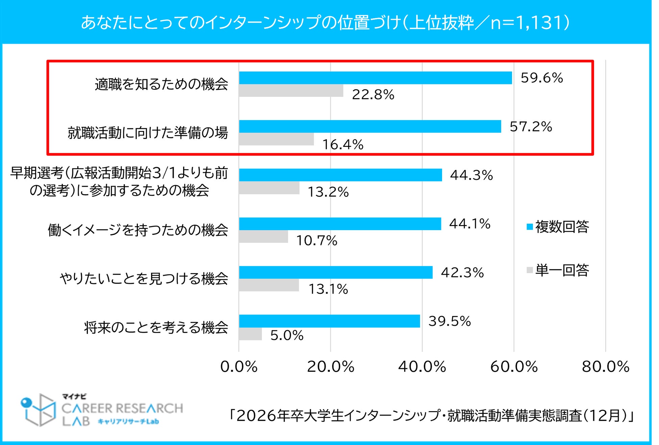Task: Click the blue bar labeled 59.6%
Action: pos(375,78)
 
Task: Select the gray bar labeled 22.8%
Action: pos(291,91)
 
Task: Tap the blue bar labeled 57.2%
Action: pos(370,127)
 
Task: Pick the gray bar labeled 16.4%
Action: pos(276,139)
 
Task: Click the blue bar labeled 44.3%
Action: pos(340,175)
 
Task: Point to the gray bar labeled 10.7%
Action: pos(263,237)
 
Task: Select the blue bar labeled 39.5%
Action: pos(329,321)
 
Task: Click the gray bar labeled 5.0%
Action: pos(250,334)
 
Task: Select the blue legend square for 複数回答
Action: pos(530,227)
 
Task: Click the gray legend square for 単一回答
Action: pos(530,270)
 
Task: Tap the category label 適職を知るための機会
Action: pos(161,84)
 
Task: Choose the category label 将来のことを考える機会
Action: pos(156,328)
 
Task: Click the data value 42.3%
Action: pos(462,273)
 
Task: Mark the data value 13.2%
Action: pos(328,192)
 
